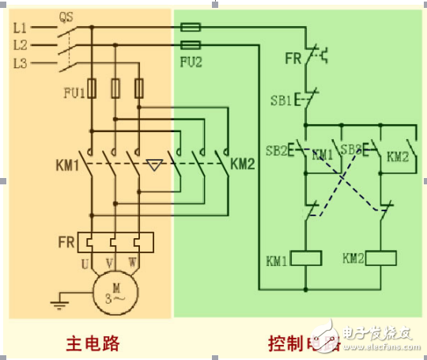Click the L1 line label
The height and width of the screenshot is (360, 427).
[21, 27]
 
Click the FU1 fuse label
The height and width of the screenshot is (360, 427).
[74, 92]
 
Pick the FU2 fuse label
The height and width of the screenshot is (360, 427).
[191, 61]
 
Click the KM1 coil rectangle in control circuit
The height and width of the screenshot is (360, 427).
[305, 258]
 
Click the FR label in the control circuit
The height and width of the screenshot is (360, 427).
[293, 58]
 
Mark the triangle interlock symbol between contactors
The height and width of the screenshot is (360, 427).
[155, 166]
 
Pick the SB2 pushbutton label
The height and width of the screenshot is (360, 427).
[276, 150]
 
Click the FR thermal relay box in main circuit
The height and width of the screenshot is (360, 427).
[115, 241]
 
